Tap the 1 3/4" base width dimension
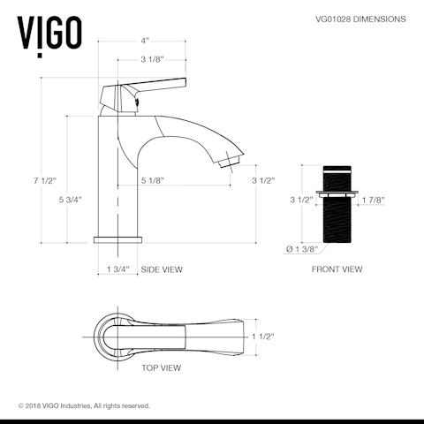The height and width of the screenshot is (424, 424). [x=117, y=269]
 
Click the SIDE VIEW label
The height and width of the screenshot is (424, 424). [x=162, y=269]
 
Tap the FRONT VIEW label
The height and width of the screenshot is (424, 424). [x=336, y=269]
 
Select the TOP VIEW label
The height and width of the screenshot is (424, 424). [x=161, y=367]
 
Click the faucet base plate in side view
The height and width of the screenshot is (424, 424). [x=117, y=238]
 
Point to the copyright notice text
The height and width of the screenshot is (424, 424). [x=84, y=405]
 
